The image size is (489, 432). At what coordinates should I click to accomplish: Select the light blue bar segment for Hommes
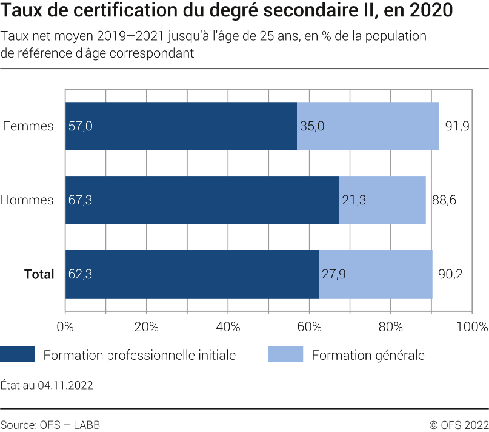[382, 200]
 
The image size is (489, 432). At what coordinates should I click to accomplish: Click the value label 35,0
[312, 126]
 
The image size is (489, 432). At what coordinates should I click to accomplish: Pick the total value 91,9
[457, 126]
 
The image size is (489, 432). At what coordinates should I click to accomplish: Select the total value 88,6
[444, 200]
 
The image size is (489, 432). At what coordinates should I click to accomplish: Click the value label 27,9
[334, 274]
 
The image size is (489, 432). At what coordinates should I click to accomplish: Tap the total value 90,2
[450, 274]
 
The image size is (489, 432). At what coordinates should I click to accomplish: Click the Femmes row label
[28, 126]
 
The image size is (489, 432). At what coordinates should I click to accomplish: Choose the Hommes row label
[27, 200]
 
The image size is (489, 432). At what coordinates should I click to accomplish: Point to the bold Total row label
[39, 274]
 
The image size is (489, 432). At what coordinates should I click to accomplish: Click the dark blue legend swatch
[17, 355]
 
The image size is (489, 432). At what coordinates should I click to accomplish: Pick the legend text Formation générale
[368, 355]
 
